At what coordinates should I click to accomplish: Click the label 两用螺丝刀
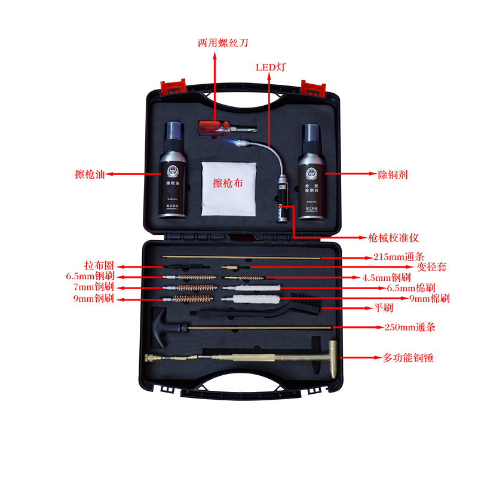click(223, 43)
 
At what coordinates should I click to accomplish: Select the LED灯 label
click(271, 67)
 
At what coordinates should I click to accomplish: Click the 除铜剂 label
click(393, 175)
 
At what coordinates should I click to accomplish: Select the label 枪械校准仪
click(394, 238)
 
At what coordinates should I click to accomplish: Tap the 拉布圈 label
click(99, 266)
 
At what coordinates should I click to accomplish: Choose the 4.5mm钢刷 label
click(387, 277)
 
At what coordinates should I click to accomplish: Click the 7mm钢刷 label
click(90, 288)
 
